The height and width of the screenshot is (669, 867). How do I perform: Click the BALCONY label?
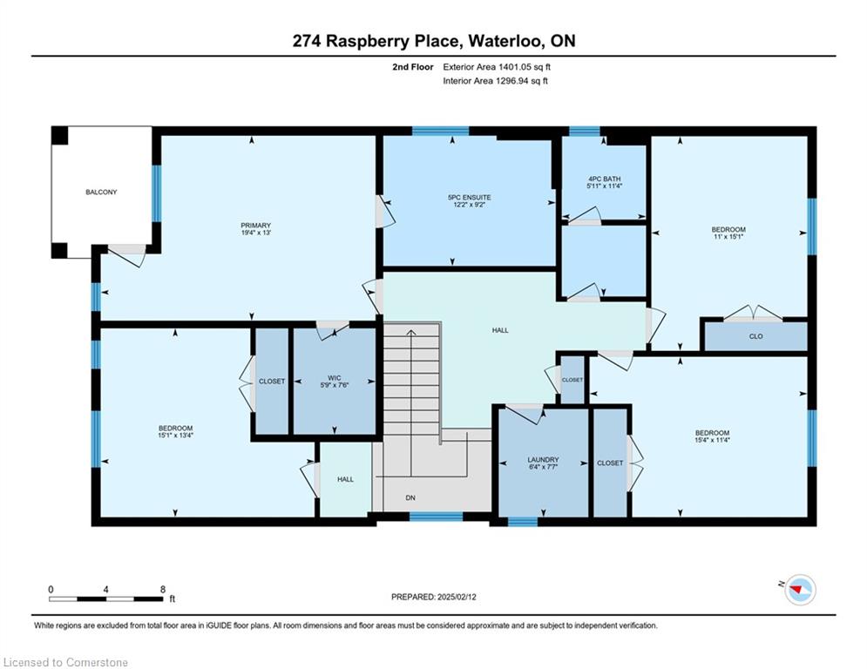point(101,193)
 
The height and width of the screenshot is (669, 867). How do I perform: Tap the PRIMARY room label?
point(255,226)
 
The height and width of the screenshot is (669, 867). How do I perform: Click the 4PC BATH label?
point(605,179)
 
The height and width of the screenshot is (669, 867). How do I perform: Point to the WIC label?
point(334,378)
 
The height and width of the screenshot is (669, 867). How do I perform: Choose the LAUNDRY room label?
point(543,459)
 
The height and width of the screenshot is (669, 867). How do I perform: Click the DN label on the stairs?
point(410,498)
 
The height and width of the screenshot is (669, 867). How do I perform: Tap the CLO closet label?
point(755,336)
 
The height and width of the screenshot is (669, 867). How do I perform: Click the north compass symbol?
point(800,590)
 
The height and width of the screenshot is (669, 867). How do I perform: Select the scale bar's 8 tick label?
point(163,590)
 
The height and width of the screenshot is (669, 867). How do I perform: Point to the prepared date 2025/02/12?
point(457,597)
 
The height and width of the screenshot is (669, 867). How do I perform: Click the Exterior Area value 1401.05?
point(515,67)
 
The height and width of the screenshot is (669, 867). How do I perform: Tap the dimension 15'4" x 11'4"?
point(712,440)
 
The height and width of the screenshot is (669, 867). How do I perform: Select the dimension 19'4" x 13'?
point(255,233)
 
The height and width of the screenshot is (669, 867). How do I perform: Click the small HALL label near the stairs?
point(346,479)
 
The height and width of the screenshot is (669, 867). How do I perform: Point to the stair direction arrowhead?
point(410,332)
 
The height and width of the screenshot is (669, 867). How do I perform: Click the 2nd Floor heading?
point(412,67)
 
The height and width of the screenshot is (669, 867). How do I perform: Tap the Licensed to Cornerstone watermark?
point(65,662)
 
